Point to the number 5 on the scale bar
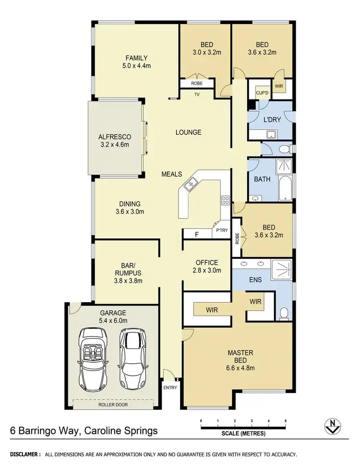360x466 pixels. click(x=286, y=421)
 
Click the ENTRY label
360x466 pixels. click(x=170, y=387)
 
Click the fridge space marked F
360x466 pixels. click(x=196, y=234)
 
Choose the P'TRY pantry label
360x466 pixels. click(x=221, y=230)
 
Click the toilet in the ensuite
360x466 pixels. click(x=284, y=313)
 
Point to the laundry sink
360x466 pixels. click(x=271, y=135)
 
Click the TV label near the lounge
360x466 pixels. click(x=197, y=95)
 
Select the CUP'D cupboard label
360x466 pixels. click(x=262, y=92)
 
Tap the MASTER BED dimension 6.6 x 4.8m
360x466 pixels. click(x=240, y=368)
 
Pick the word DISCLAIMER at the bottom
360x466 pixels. click(x=25, y=454)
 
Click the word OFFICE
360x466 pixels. click(x=206, y=263)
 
